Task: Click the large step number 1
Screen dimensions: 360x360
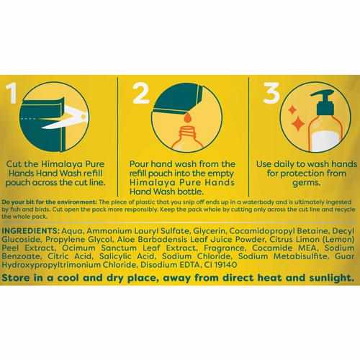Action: tap(12, 93)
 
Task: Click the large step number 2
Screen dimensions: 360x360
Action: tap(141, 93)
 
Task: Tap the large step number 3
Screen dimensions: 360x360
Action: tap(271, 93)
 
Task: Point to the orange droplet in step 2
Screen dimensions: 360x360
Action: tap(188, 118)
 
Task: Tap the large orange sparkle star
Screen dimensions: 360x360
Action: tap(298, 123)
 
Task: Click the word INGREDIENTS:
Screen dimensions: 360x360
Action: tap(30, 231)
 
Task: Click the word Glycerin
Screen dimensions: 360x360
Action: tap(210, 231)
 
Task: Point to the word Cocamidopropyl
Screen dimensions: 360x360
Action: tap(262, 231)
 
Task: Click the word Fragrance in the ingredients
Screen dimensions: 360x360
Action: tap(224, 248)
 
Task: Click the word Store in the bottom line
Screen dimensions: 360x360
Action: tap(16, 278)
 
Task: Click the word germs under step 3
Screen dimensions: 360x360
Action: tap(306, 183)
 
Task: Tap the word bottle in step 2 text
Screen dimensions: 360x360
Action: tap(192, 192)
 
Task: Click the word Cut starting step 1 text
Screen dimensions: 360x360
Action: tap(14, 164)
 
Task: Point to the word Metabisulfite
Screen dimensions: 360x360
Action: tap(301, 256)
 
